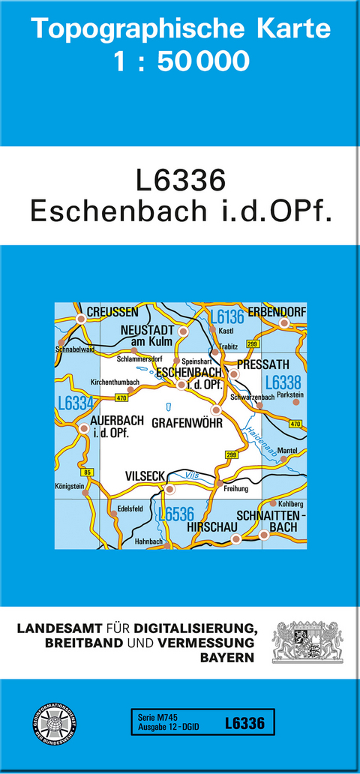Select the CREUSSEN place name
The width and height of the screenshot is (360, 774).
click(x=112, y=311)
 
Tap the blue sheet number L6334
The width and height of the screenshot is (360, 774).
click(x=74, y=403)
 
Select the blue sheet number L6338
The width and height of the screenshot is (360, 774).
click(x=283, y=381)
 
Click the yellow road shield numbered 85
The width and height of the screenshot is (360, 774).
click(x=88, y=472)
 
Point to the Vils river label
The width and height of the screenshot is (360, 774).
click(x=190, y=475)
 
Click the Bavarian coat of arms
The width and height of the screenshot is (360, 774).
click(x=307, y=640)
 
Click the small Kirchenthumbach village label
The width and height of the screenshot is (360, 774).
click(x=115, y=382)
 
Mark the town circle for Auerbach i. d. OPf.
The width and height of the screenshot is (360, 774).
click(x=82, y=428)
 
